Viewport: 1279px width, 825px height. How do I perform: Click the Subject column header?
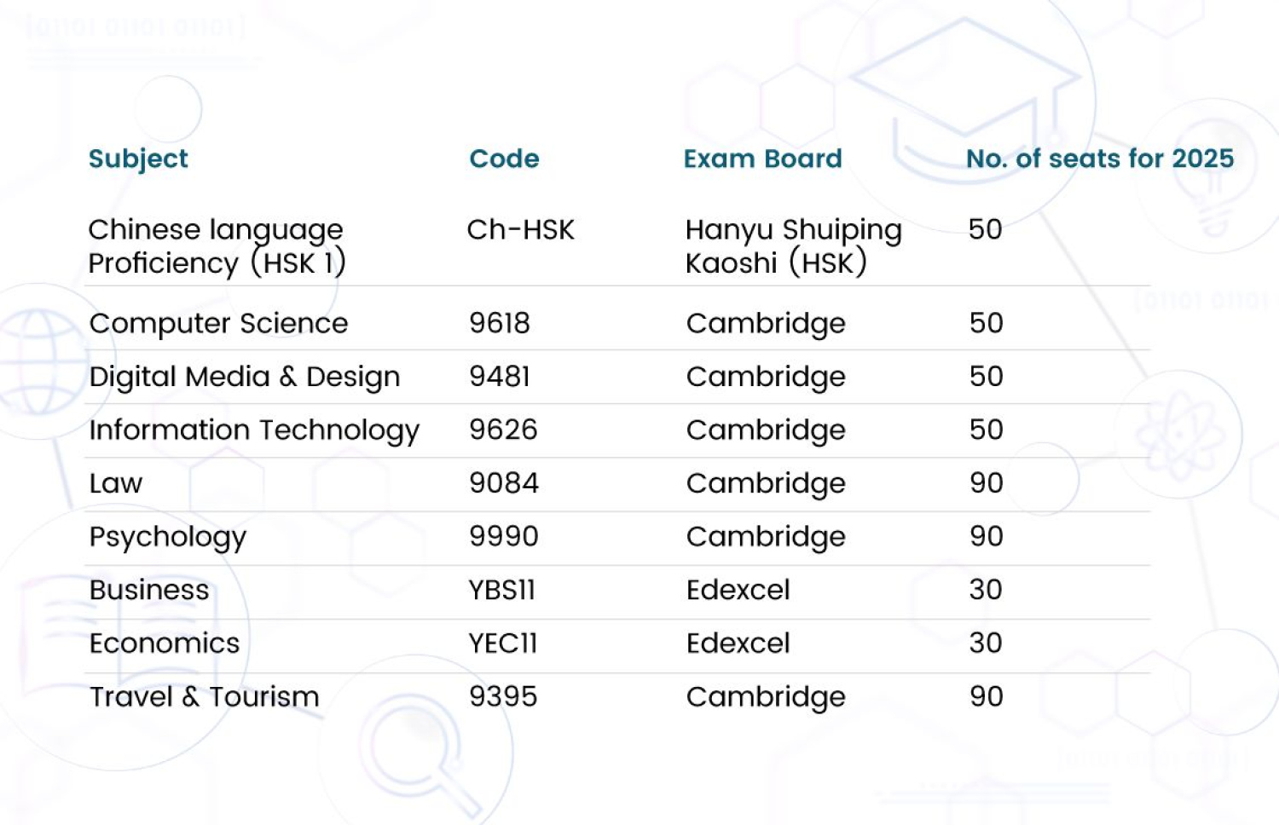(x=138, y=159)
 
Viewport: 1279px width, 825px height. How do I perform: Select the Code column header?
(x=504, y=159)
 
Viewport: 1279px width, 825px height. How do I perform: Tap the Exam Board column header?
(x=762, y=159)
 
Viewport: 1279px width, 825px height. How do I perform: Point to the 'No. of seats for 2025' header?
(x=1099, y=159)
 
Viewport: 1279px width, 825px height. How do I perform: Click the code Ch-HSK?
(x=520, y=229)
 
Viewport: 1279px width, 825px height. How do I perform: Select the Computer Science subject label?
(x=218, y=324)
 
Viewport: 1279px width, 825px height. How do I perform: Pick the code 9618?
(x=500, y=323)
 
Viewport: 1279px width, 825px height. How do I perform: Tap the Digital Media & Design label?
(x=245, y=377)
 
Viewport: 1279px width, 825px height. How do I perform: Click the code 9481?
(x=500, y=377)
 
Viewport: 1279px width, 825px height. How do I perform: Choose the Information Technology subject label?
(x=254, y=430)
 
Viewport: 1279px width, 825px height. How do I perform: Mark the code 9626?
(x=503, y=430)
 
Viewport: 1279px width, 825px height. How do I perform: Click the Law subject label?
(x=116, y=483)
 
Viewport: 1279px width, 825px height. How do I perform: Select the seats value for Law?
(x=987, y=483)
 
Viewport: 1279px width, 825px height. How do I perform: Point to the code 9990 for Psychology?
(x=504, y=536)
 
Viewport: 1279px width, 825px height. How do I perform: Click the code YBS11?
(x=501, y=590)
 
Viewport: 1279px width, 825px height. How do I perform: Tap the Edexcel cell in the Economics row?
(x=738, y=643)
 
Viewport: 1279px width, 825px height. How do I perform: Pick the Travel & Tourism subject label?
(x=205, y=697)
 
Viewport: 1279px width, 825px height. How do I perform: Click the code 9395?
(x=503, y=696)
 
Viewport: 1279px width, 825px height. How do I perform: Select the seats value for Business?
(x=986, y=590)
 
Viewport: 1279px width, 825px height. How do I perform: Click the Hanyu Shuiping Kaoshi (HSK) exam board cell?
(x=793, y=246)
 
